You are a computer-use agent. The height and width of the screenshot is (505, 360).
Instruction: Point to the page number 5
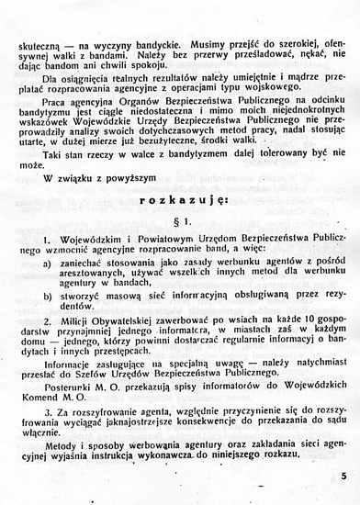click(x=343, y=476)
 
